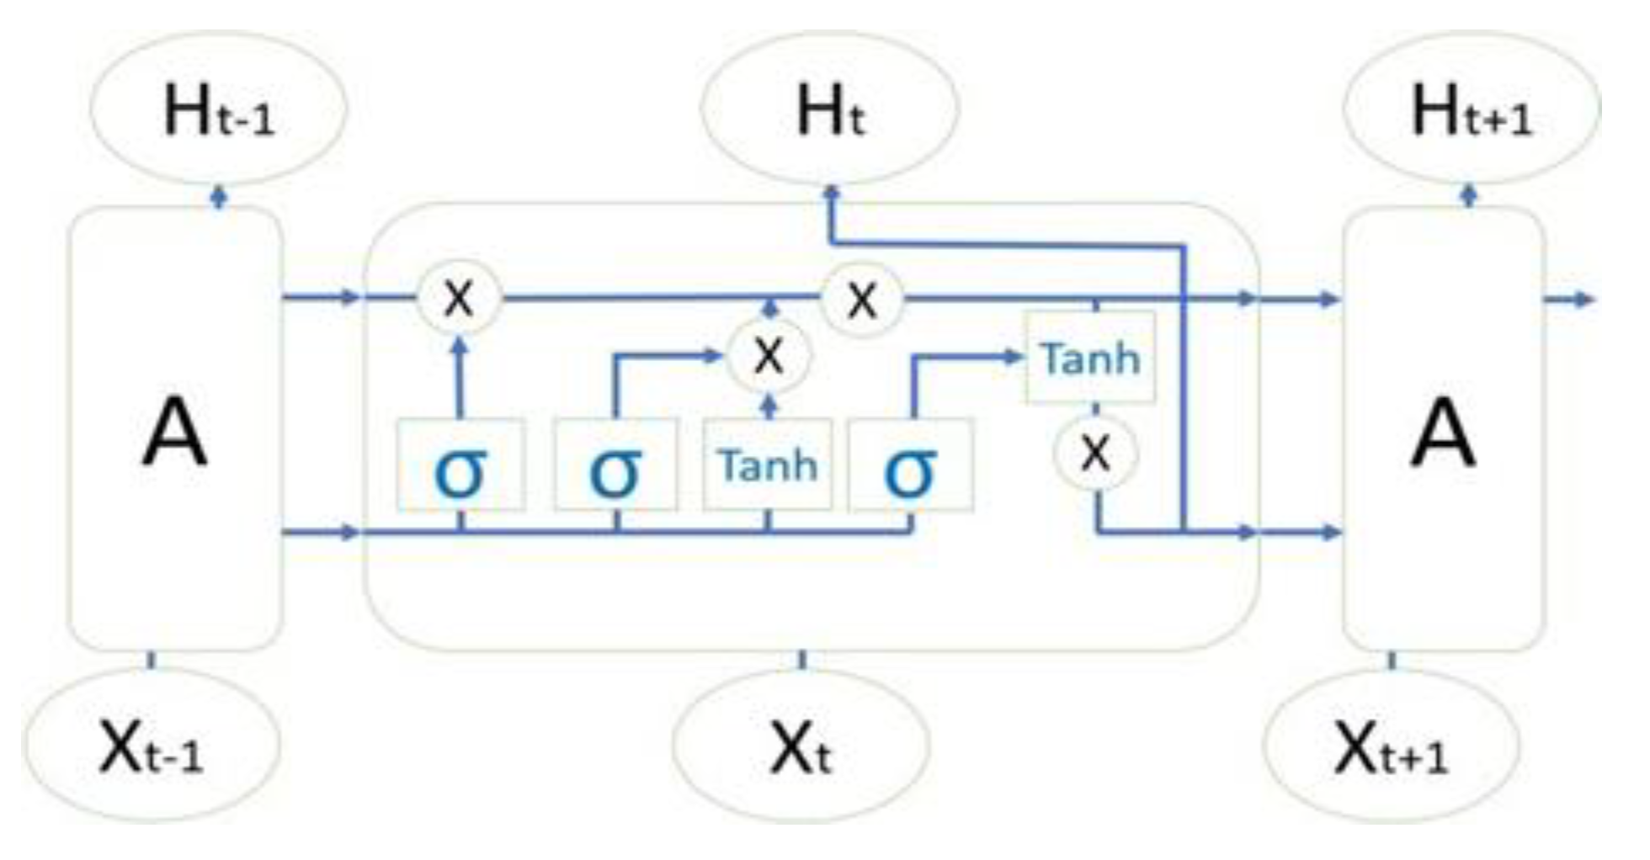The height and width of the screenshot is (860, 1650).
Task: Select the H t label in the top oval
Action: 829,111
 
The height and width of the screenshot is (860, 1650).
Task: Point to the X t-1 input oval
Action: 151,746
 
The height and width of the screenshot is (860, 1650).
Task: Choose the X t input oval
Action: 801,746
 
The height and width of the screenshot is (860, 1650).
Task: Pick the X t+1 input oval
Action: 1392,746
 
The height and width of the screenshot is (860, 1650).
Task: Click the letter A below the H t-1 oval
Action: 174,433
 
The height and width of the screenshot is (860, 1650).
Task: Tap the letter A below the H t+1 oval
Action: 1443,433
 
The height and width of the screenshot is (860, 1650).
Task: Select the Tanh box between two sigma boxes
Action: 768,465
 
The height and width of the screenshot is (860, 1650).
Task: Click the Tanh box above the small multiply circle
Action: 1090,358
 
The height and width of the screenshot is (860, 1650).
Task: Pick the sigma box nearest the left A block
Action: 460,465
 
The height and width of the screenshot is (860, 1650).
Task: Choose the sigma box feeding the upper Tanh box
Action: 911,465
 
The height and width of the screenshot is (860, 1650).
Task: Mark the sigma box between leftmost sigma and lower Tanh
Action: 615,465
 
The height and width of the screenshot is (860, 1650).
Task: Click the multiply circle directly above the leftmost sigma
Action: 459,298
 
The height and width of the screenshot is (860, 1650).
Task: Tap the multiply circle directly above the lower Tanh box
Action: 769,356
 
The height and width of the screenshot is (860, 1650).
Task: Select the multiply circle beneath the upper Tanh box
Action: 1095,454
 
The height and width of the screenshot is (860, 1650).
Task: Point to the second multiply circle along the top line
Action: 862,299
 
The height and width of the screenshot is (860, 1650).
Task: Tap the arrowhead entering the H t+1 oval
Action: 1469,196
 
